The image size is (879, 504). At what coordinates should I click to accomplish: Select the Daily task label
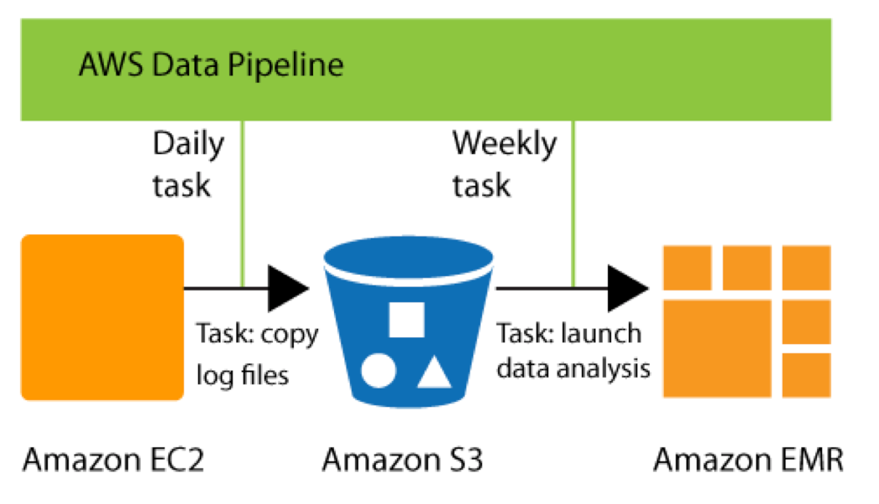pos(188,164)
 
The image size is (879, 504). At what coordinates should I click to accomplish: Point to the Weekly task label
pos(504,164)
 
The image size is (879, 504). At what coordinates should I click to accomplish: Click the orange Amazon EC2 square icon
pos(102,317)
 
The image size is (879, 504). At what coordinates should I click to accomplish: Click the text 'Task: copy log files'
pos(256,354)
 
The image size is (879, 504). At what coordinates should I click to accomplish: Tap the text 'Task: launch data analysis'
pos(573,352)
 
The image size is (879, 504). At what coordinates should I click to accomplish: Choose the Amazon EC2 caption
pos(113,460)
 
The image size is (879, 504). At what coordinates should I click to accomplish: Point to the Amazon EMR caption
pos(748,460)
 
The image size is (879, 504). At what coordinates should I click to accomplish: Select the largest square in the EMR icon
pos(718,347)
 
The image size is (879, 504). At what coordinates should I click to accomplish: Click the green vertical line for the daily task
pos(242,201)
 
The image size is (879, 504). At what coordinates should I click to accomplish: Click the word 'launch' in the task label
pos(602,334)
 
